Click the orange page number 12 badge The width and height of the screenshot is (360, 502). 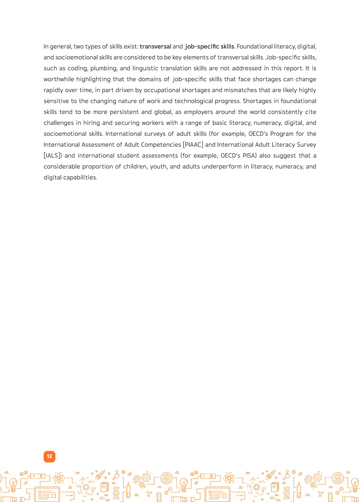click(x=49, y=456)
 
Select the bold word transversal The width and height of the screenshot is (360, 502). click(x=156, y=46)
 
